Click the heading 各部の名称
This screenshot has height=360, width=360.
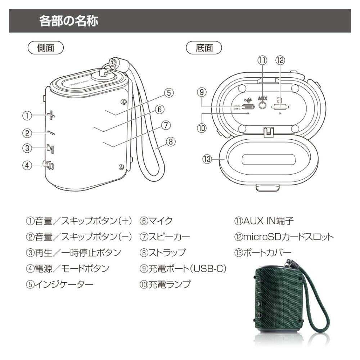(x=69, y=21)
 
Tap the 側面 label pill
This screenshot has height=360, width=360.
(x=45, y=48)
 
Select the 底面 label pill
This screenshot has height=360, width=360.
(x=204, y=48)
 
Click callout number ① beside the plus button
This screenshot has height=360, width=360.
(x=27, y=116)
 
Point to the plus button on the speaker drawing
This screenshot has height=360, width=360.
(x=51, y=115)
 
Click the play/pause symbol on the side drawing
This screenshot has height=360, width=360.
(x=50, y=149)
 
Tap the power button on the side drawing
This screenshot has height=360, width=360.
(x=50, y=165)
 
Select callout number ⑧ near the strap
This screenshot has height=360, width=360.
(x=171, y=141)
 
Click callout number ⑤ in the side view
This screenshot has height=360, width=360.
(x=169, y=93)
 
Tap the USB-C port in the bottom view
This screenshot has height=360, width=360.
(x=248, y=107)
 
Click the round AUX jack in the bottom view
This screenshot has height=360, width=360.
(x=262, y=105)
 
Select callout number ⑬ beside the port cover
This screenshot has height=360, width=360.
(x=207, y=159)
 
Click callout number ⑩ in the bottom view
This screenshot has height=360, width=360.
(x=202, y=128)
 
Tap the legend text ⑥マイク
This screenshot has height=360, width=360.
(x=156, y=221)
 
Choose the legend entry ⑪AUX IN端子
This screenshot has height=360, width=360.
(x=264, y=221)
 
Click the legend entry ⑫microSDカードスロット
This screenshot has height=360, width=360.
(x=284, y=237)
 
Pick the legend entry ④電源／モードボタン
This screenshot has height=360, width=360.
(x=68, y=269)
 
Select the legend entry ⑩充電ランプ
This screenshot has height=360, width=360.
(x=165, y=284)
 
